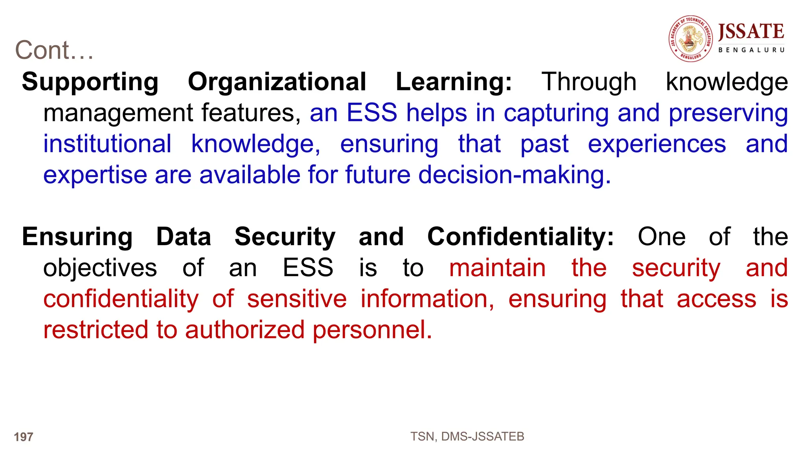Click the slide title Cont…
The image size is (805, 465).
[x=54, y=50]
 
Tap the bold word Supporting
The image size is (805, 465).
[x=90, y=82]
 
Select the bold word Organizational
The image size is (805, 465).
[x=277, y=82]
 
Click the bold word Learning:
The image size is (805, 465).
[x=454, y=82]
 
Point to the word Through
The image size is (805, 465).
[x=589, y=82]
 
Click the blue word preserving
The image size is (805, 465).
[x=728, y=113]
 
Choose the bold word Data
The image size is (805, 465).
[x=184, y=237]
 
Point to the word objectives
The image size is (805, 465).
[x=100, y=268]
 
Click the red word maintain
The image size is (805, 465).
[x=497, y=268]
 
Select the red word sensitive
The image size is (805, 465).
[x=297, y=299]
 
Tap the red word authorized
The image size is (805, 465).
[x=245, y=330]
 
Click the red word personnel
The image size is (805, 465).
[x=372, y=330]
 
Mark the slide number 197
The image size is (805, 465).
[x=24, y=437]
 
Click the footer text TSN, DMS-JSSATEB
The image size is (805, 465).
[x=467, y=436]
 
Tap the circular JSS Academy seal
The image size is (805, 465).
[x=691, y=39]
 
